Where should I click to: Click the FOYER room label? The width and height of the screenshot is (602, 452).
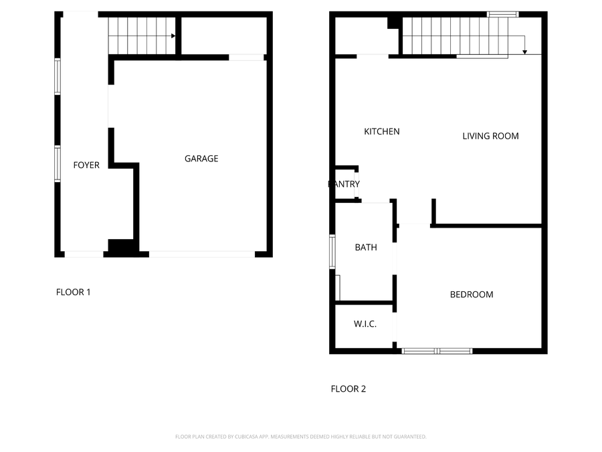(86, 165)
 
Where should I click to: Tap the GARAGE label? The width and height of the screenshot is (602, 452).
(201, 159)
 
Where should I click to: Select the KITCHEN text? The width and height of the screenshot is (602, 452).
(381, 131)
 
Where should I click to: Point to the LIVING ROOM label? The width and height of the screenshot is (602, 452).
(490, 136)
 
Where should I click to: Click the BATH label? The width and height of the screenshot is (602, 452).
(365, 248)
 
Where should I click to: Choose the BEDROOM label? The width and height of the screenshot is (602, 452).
(471, 295)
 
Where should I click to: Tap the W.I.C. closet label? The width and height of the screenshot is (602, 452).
(365, 324)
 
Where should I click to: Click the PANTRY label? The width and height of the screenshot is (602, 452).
(344, 184)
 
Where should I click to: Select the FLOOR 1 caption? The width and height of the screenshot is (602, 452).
(73, 292)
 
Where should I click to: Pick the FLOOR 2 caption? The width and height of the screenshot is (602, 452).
(348, 389)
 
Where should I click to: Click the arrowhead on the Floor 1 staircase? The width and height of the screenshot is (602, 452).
(173, 35)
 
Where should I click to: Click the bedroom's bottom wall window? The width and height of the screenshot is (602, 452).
(437, 351)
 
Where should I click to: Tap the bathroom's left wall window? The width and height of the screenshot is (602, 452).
(332, 251)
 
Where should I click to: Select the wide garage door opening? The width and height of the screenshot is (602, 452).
(201, 254)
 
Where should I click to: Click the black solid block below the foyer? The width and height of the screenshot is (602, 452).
(121, 247)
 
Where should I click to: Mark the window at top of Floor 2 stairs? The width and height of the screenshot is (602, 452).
(502, 14)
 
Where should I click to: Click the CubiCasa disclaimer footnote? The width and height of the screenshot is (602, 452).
(300, 437)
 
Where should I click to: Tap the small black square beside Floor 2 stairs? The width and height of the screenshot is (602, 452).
(393, 23)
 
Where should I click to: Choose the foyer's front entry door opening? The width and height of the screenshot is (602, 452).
(84, 254)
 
